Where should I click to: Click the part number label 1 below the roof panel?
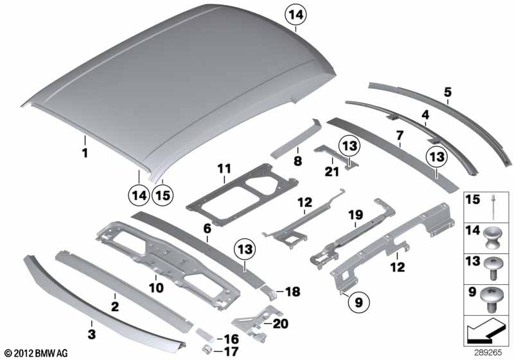coord(85,153)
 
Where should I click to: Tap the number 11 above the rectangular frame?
coord(224,169)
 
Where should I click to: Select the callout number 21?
coord(332,171)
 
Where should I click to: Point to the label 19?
coord(356,215)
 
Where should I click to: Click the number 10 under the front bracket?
coord(156,288)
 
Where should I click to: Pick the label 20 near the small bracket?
coord(281,324)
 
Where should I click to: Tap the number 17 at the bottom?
coord(231,352)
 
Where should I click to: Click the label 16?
coord(231,339)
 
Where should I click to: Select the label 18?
coord(293,291)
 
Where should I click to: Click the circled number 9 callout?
coord(359,302)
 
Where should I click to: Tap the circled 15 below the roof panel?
coord(163,195)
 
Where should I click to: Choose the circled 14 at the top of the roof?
coord(296,15)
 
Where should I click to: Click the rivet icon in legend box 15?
coord(493,207)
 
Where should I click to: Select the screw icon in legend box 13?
coord(492,269)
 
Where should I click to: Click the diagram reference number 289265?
coord(488,353)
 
